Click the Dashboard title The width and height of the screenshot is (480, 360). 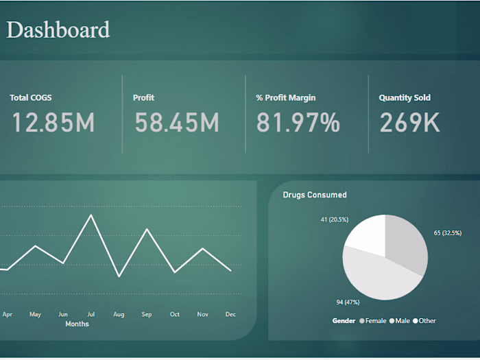[x=58, y=30]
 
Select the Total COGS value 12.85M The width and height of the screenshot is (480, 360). [x=53, y=123]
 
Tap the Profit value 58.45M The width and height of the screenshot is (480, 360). [x=176, y=123]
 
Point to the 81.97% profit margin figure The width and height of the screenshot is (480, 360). [x=298, y=123]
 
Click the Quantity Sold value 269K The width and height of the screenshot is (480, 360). [x=409, y=123]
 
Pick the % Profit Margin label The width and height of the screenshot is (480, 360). [x=286, y=98]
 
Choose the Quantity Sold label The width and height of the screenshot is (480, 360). [x=405, y=98]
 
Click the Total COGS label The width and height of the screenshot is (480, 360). [x=30, y=98]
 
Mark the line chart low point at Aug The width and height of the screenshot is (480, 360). [x=119, y=276]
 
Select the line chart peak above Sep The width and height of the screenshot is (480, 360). [x=147, y=229]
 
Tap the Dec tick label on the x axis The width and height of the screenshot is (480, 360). [x=230, y=314]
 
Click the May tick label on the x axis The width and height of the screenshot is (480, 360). [x=35, y=314]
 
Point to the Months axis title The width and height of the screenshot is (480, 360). [x=77, y=324]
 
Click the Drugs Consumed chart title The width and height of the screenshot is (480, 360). [x=315, y=195]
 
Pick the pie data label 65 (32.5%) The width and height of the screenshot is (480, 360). [x=448, y=233]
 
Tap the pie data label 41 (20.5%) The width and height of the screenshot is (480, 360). [x=335, y=219]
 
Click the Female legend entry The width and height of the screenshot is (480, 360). [x=373, y=321]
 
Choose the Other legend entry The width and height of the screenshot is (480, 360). [x=424, y=321]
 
